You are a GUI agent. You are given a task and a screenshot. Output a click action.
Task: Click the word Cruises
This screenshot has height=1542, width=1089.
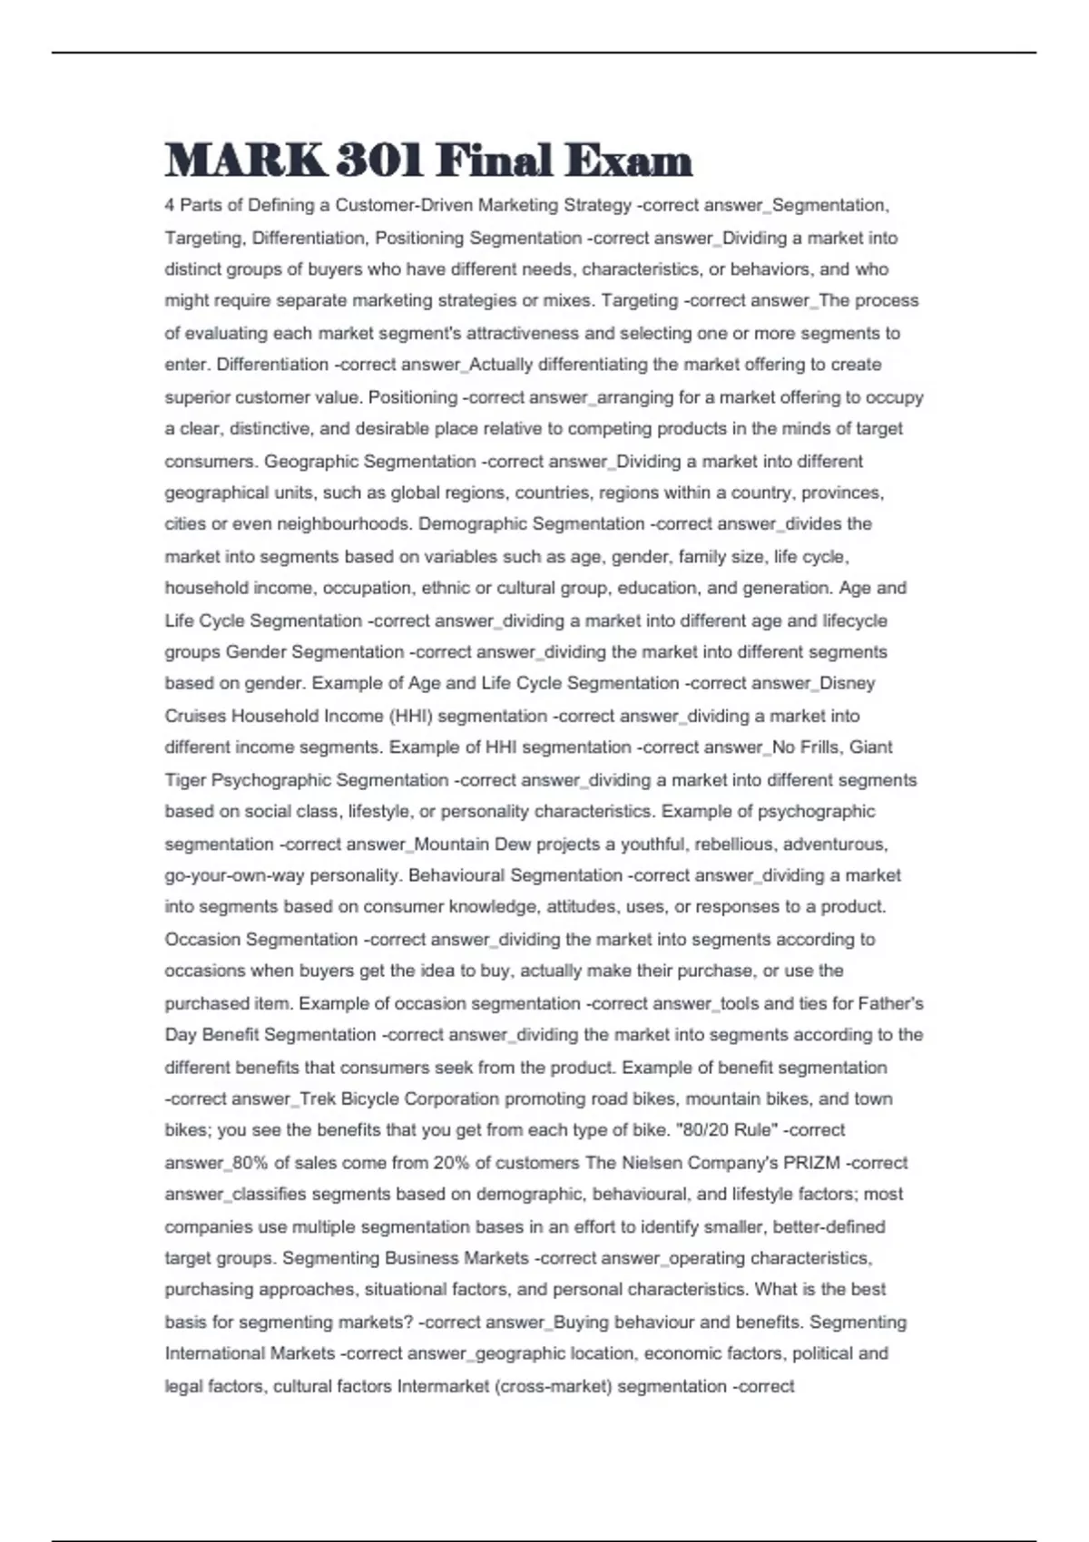tap(195, 716)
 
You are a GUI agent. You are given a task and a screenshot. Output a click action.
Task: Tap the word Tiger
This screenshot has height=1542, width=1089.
tap(185, 780)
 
